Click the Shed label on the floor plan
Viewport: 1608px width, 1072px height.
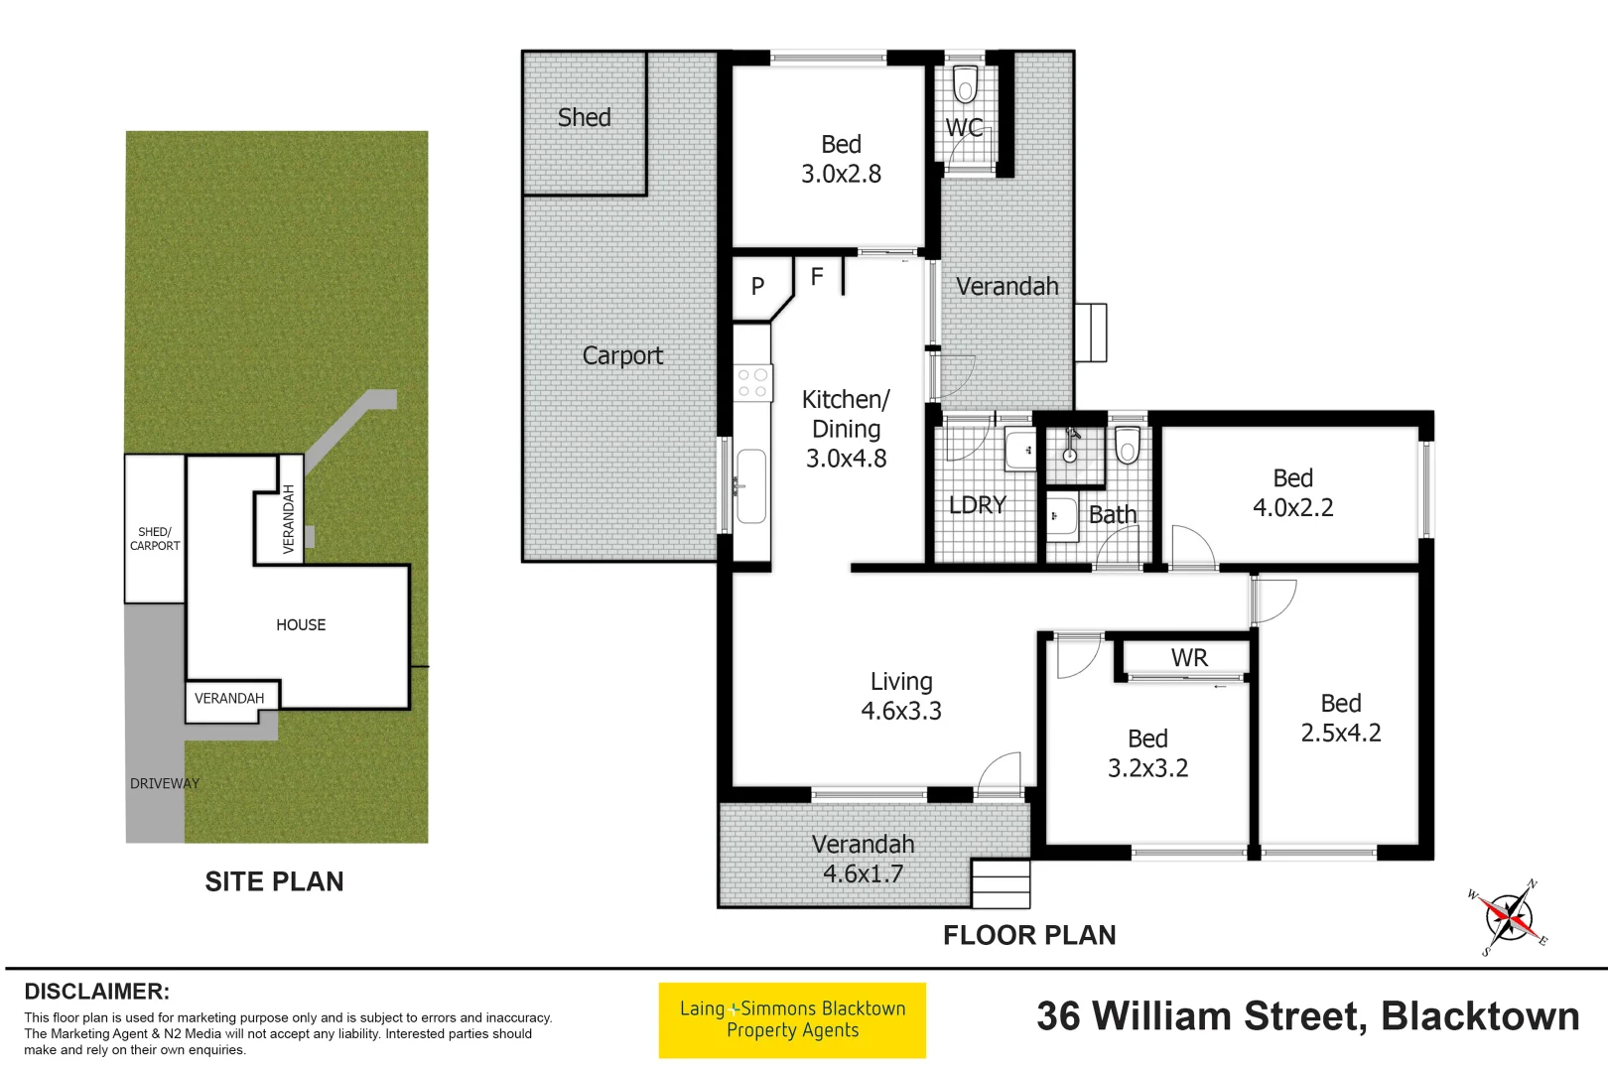[584, 117]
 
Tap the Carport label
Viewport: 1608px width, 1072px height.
[622, 355]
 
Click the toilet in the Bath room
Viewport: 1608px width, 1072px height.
[1127, 446]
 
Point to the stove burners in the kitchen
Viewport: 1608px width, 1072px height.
[752, 383]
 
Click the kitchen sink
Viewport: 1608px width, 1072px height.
[751, 486]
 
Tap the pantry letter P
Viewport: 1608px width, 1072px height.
[757, 287]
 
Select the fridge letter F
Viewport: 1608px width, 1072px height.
[817, 277]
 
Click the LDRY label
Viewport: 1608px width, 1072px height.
[978, 505]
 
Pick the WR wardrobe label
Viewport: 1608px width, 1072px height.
[1189, 658]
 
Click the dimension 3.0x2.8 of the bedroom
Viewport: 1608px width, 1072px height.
[841, 174]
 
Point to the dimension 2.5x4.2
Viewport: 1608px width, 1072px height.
[1340, 733]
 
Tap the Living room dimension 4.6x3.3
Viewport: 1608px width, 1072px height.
[900, 711]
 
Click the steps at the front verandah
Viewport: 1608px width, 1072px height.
[1001, 883]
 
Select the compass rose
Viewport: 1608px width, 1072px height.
[1510, 917]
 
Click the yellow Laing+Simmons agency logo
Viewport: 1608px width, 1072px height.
[792, 1019]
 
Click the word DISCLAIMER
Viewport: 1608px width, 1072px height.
[96, 992]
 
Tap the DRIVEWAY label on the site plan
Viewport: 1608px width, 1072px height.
[164, 783]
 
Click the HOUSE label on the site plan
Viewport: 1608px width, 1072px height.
[301, 624]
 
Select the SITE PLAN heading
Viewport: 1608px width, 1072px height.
[274, 881]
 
